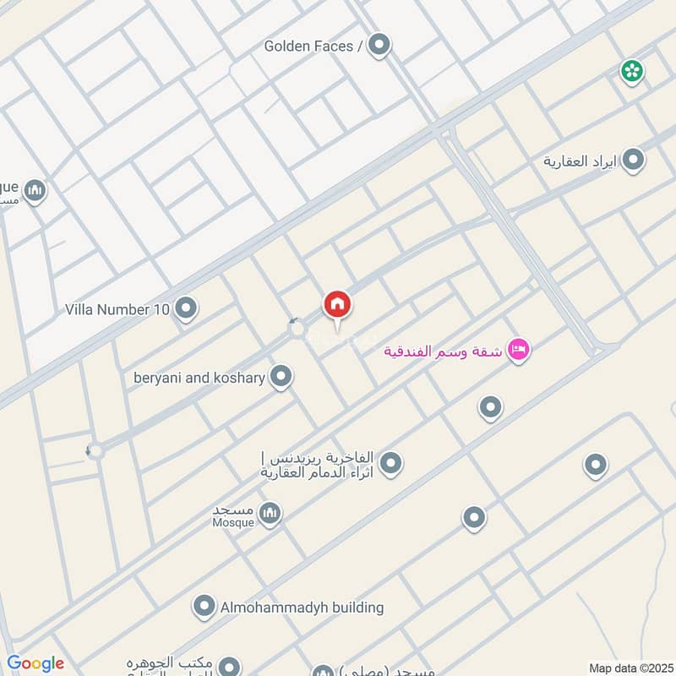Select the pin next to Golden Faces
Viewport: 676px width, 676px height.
[x=379, y=45]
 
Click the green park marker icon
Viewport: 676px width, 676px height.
[x=631, y=72]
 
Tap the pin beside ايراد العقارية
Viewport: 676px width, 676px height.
[x=633, y=161]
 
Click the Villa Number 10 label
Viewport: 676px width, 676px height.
[x=117, y=309]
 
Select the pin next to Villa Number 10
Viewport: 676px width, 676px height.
[x=186, y=309]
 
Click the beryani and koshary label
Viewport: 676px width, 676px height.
[x=199, y=378]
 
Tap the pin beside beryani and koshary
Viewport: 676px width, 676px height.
[x=281, y=378]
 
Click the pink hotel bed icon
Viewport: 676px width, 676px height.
[x=518, y=350]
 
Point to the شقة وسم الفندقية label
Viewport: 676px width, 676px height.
[x=443, y=351]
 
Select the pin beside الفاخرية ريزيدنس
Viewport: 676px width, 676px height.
[x=390, y=463]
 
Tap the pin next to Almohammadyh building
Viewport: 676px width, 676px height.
[x=203, y=607]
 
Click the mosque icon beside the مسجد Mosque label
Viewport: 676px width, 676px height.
[x=270, y=514]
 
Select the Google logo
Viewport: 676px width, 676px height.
[x=35, y=663]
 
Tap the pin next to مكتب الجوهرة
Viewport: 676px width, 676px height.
[x=227, y=666]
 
